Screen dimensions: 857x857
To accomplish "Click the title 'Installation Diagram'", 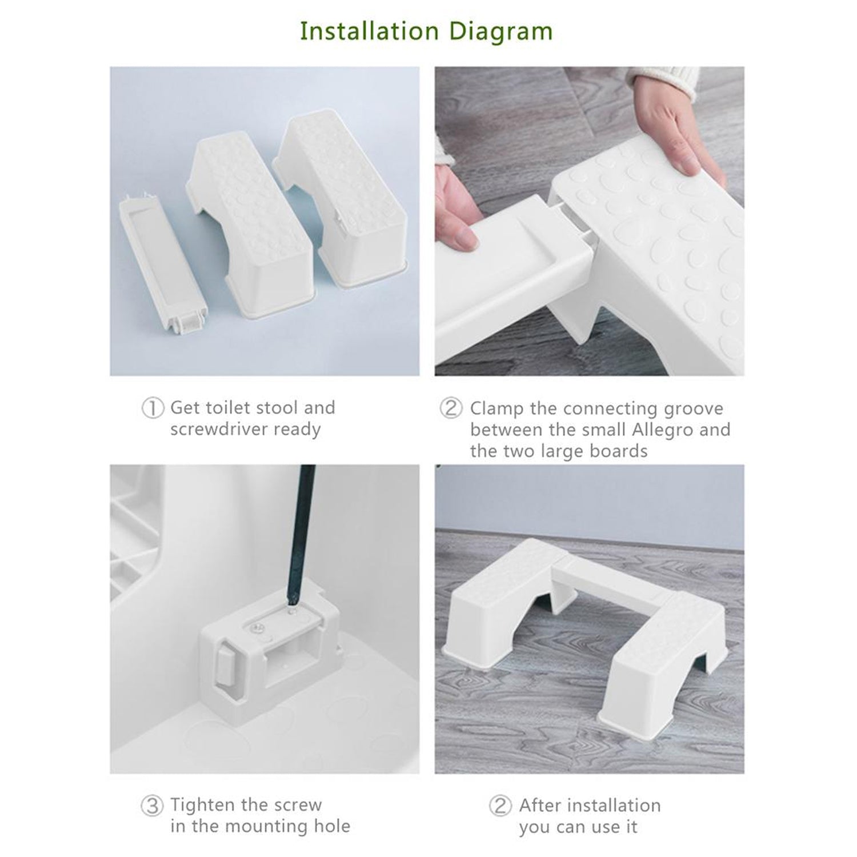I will (x=426, y=31).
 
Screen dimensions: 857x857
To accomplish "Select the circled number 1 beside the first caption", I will (x=152, y=409).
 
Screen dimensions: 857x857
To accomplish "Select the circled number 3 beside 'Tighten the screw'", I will (x=152, y=806).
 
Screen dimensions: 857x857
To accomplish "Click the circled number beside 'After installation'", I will (x=500, y=806).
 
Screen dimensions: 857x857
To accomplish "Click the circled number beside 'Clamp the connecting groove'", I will (x=451, y=409).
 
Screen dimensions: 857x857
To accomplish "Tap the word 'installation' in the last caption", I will (x=611, y=806).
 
